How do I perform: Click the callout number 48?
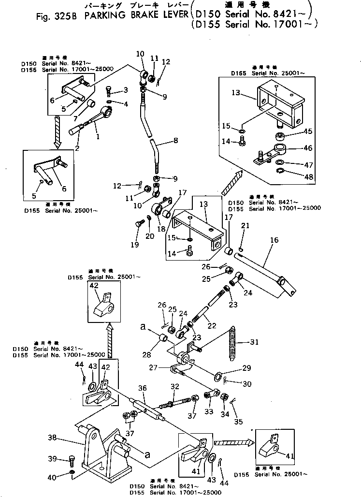pos(309,177)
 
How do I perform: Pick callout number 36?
pos(142,388)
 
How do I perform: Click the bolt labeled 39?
pos(72,460)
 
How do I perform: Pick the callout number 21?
pos(245,226)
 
